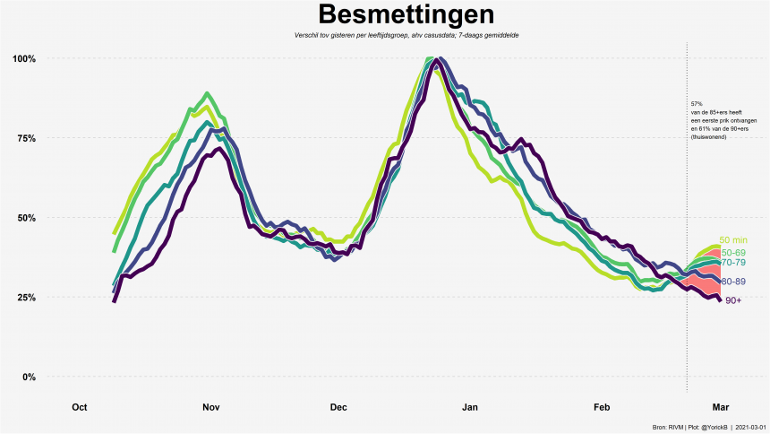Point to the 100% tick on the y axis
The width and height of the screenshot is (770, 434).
point(24,59)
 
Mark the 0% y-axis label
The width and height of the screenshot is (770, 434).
point(29,377)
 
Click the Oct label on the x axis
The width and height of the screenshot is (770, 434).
point(79,408)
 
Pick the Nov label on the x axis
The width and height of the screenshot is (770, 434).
point(210,408)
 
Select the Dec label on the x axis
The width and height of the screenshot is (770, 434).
point(338,408)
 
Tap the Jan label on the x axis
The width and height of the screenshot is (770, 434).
point(469,408)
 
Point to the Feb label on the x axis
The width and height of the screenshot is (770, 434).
point(601,408)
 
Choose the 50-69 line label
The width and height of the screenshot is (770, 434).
point(732,253)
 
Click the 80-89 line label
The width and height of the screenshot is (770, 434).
point(734,282)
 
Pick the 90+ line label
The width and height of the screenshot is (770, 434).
point(732,300)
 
